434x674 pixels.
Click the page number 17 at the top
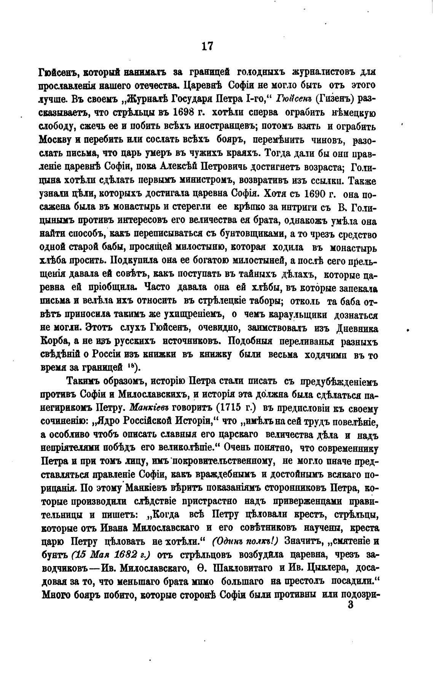(x=207, y=46)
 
